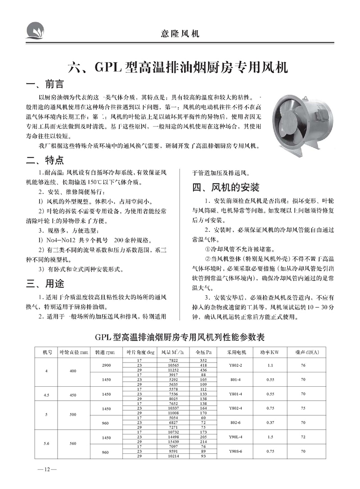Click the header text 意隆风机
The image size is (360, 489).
[180, 33]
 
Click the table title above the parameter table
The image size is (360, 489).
[180, 337]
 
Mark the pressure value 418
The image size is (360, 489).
[203, 365]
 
